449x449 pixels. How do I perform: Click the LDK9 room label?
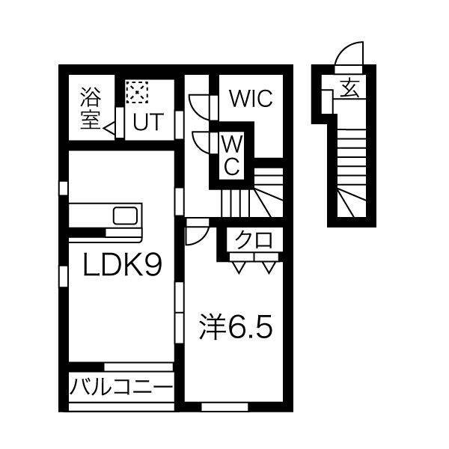[123, 264]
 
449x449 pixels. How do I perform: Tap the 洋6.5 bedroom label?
[236, 327]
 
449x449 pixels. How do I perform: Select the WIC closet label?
[251, 99]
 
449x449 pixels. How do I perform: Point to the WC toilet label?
[232, 155]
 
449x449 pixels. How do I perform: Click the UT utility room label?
[148, 122]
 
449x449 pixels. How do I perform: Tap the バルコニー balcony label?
[121, 386]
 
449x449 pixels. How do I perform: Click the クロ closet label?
[254, 240]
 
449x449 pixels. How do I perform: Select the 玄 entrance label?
[350, 89]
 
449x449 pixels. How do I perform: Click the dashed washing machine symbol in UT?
[137, 92]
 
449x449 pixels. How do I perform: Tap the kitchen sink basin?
[126, 216]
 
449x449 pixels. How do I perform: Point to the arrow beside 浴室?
[109, 129]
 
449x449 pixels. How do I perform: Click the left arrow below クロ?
[239, 267]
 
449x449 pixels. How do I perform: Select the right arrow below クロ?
[269, 267]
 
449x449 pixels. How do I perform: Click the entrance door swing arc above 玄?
[349, 53]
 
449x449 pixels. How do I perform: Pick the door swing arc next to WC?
[202, 143]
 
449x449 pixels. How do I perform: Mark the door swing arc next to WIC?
[200, 108]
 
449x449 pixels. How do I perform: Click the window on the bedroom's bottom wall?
[224, 406]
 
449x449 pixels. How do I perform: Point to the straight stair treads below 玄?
[352, 157]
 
